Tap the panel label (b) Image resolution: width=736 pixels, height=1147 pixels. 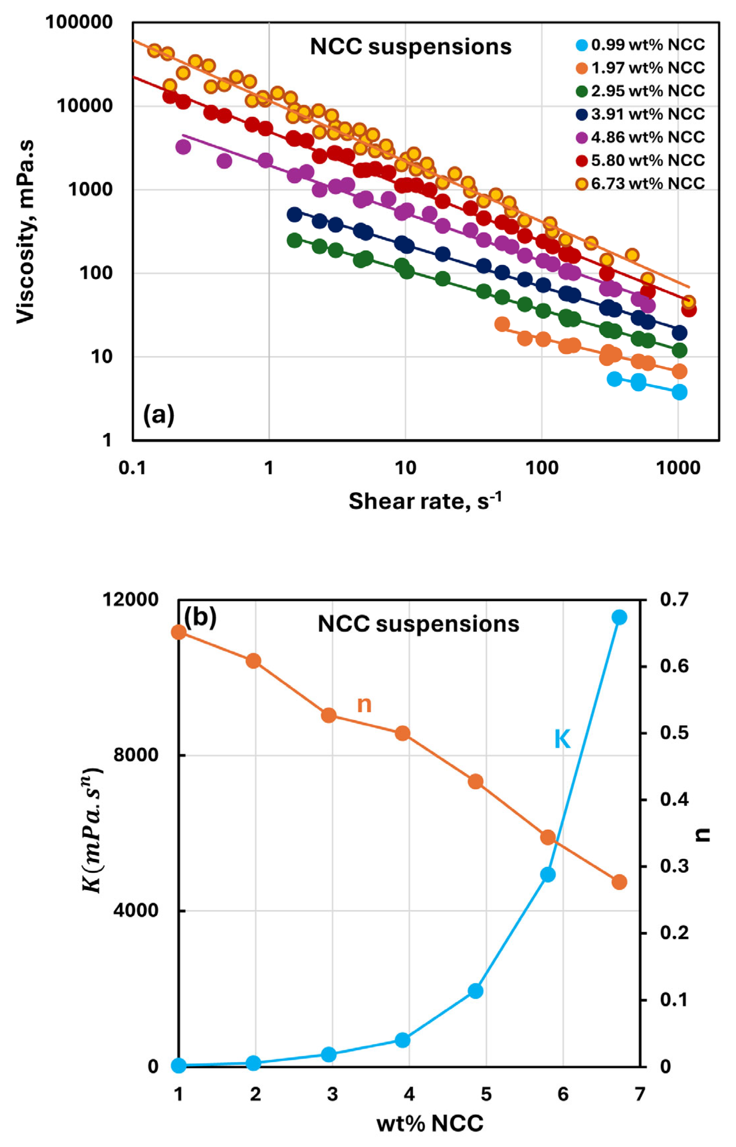pyautogui.click(x=200, y=617)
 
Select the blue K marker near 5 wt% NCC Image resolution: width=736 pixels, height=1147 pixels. pyautogui.click(x=475, y=991)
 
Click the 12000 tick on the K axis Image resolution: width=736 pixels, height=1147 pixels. pyautogui.click(x=130, y=600)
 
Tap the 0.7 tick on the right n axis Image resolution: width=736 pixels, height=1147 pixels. pyautogui.click(x=674, y=600)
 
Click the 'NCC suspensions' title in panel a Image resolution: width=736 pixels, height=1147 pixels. pyautogui.click(x=411, y=47)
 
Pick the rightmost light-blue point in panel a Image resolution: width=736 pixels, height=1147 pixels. pyautogui.click(x=679, y=393)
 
